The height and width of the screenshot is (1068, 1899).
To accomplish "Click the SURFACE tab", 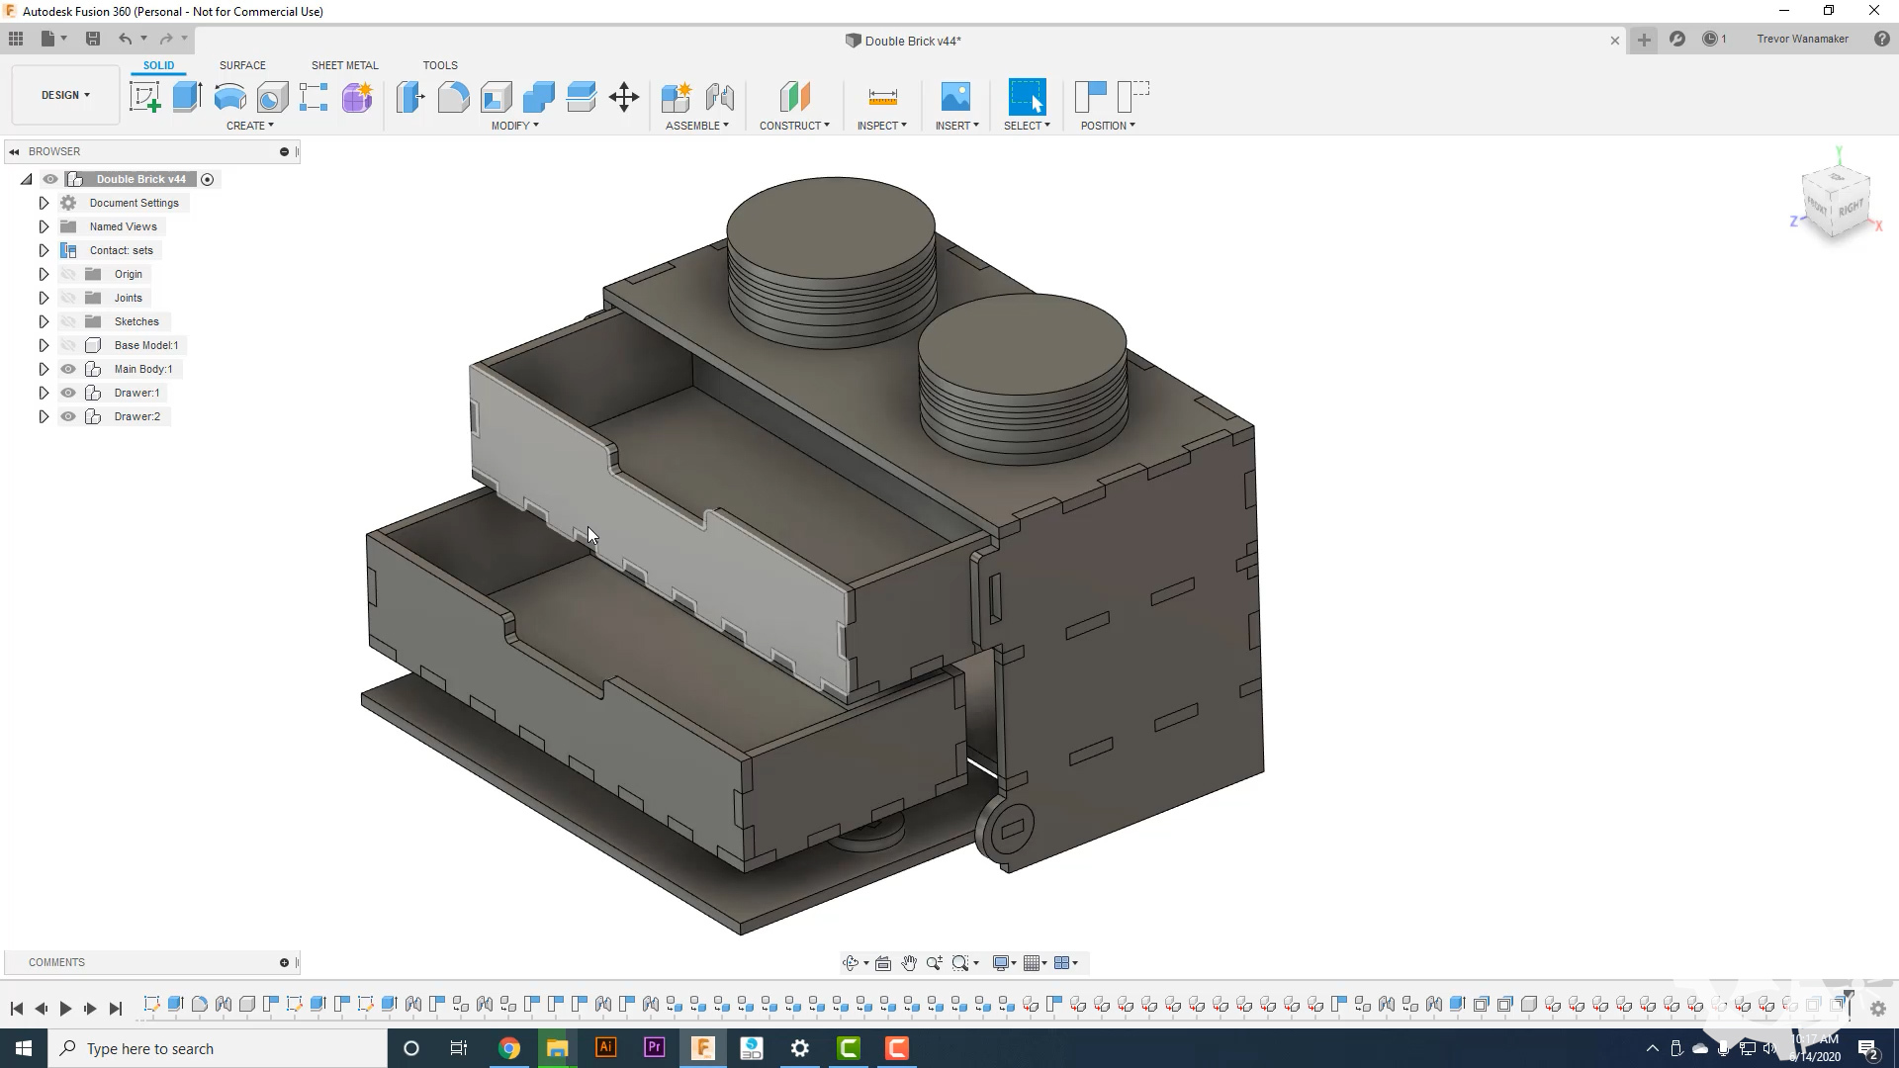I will [x=242, y=65].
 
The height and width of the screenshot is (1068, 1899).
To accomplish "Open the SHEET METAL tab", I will [x=344, y=65].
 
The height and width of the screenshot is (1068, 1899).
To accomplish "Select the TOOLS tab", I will [x=440, y=65].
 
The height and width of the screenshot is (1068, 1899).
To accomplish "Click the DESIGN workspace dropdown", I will [x=65, y=95].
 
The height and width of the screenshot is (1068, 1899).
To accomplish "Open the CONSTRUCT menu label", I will [x=794, y=126].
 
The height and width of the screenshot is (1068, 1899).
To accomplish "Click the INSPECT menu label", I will [x=881, y=126].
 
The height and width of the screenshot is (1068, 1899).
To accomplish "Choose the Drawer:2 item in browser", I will [x=136, y=416].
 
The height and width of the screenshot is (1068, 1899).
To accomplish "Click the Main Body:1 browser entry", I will [x=142, y=369].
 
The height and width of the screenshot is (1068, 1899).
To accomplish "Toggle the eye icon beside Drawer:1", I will [x=68, y=393].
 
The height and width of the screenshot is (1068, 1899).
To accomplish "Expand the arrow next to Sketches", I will [x=44, y=321].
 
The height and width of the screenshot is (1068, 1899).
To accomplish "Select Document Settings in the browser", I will [x=134, y=203].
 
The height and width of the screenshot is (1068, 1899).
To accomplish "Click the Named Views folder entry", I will [x=123, y=226].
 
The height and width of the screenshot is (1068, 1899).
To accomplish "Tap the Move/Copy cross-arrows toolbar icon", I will [x=624, y=97].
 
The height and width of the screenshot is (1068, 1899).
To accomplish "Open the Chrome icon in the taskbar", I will [x=509, y=1048].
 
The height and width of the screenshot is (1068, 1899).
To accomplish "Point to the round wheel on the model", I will [x=1006, y=830].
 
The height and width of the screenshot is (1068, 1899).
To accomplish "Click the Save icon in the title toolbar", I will [x=93, y=39].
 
